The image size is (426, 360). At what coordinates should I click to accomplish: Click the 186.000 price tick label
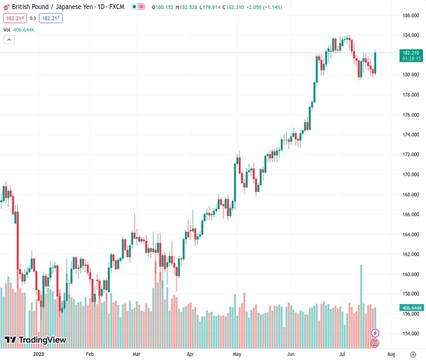410,16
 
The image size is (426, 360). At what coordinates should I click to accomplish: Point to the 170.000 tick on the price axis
410,175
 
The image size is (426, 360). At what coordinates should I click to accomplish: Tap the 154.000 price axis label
410,334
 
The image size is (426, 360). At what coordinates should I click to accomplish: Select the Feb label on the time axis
90,354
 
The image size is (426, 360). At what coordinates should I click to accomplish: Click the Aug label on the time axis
391,354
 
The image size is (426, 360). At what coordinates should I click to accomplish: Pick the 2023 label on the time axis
39,354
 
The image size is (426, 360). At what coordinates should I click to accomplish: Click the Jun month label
290,354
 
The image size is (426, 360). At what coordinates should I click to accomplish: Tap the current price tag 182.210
410,53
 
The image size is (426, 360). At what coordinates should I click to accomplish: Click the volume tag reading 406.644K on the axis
411,308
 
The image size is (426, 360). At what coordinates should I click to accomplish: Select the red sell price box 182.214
15,19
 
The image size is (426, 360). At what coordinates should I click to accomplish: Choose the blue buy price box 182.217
50,19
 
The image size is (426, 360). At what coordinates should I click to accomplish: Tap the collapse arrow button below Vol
9,40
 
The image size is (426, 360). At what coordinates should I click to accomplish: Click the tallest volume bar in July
361,306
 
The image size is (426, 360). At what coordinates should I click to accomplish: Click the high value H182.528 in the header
186,8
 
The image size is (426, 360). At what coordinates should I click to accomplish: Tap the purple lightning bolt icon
376,333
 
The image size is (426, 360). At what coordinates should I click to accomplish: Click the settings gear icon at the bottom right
413,354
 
